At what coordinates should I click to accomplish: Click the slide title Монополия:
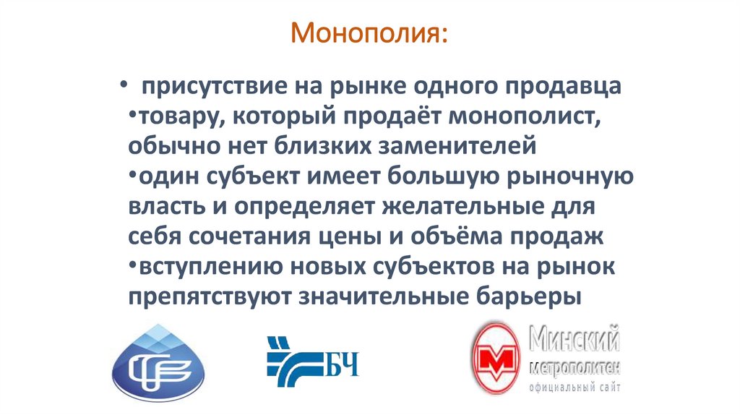coord(369,34)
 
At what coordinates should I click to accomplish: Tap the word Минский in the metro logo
coord(575,338)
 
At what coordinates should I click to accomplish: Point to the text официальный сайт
coord(574,388)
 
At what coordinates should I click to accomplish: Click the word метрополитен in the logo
coord(575,367)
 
